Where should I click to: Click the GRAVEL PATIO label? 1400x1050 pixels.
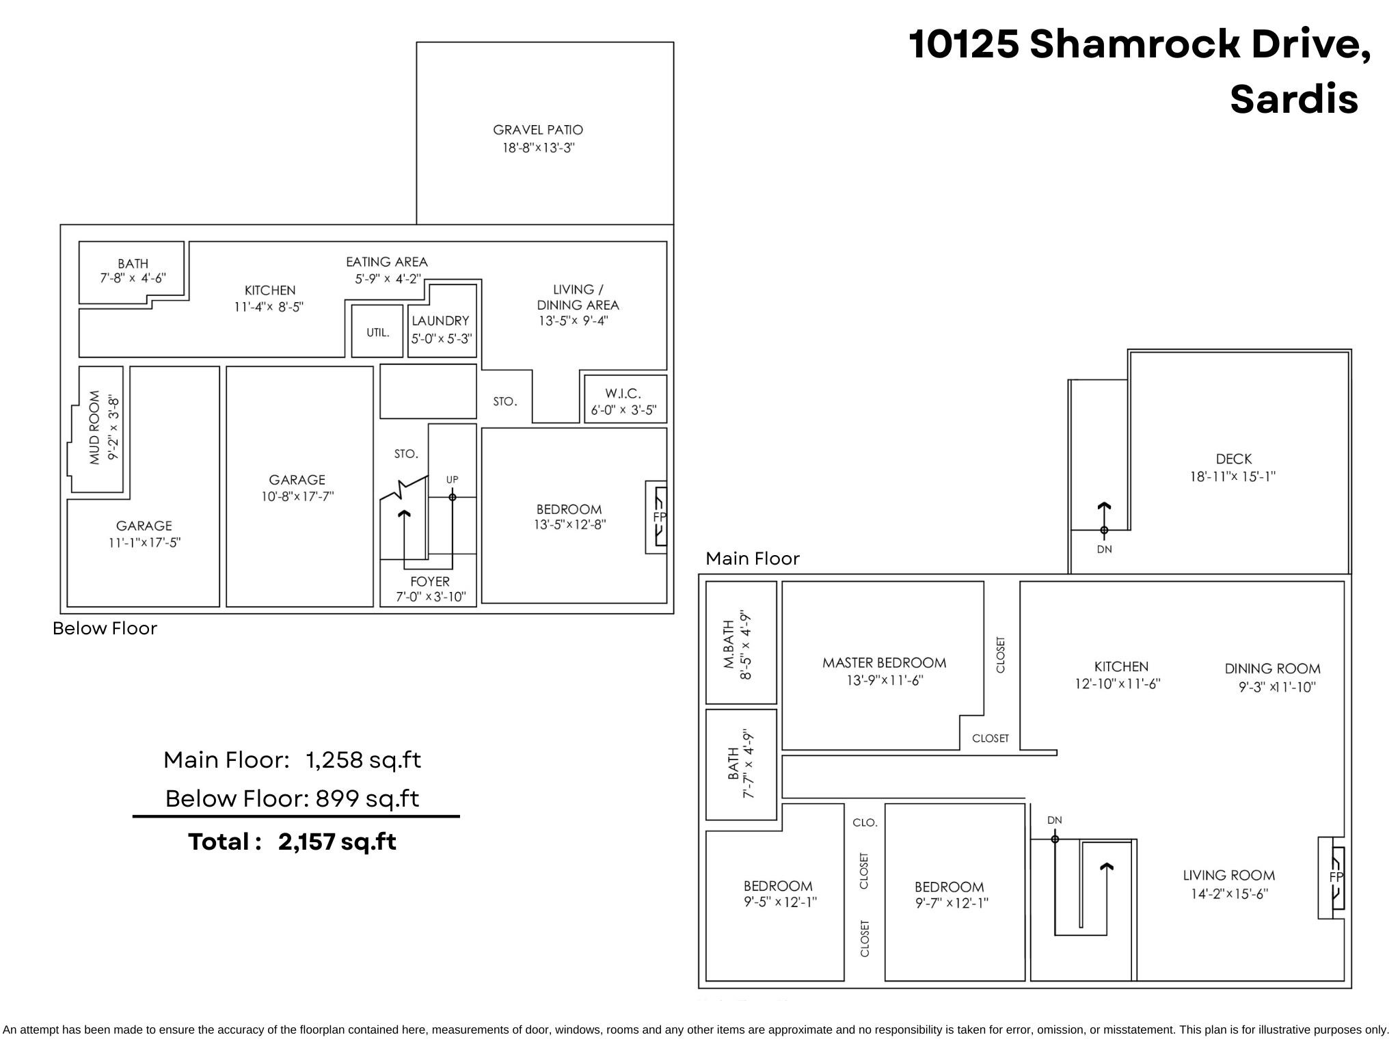click(x=538, y=130)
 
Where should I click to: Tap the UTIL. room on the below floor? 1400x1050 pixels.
click(x=377, y=333)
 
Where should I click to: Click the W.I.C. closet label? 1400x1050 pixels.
click(x=623, y=394)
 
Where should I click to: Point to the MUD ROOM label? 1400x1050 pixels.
click(x=95, y=428)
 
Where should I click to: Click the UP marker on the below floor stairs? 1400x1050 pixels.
click(x=452, y=480)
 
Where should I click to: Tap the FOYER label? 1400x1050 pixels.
click(x=430, y=582)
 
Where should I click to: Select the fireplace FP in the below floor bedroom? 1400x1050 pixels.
click(x=659, y=517)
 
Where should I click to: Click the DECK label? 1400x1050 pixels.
click(x=1233, y=459)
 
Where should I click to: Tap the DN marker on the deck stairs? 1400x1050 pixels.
click(x=1104, y=550)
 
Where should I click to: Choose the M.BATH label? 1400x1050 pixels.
click(x=729, y=644)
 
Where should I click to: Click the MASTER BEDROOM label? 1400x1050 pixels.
click(x=884, y=663)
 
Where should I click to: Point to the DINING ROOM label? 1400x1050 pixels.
click(x=1272, y=669)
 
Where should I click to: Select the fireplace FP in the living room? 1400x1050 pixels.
click(x=1335, y=877)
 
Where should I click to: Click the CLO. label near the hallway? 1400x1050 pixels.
click(x=865, y=823)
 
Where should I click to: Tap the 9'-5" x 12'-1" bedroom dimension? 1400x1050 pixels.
click(x=780, y=902)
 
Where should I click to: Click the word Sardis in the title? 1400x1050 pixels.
click(x=1293, y=99)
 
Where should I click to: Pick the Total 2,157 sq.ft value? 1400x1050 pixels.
click(x=337, y=842)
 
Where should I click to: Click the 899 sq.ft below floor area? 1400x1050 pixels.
click(x=367, y=798)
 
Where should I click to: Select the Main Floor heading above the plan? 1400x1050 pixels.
click(x=752, y=559)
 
